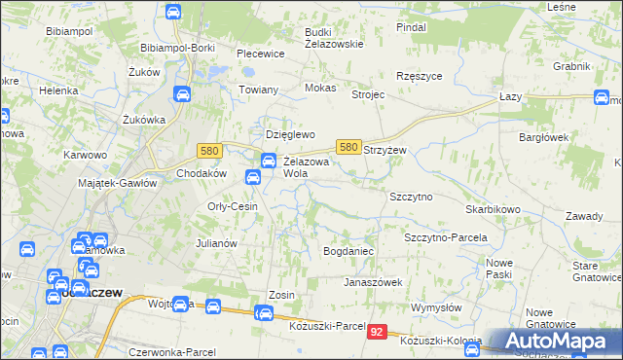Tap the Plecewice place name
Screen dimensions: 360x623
260,54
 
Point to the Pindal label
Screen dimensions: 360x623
411,27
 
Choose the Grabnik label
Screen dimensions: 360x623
571,66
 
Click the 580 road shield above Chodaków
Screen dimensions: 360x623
208,151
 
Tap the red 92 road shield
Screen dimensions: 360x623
380,333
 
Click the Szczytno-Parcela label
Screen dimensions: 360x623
445,237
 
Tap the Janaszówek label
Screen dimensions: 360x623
372,282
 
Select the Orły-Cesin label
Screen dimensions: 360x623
232,206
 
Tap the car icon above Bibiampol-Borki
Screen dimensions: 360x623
173,13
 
